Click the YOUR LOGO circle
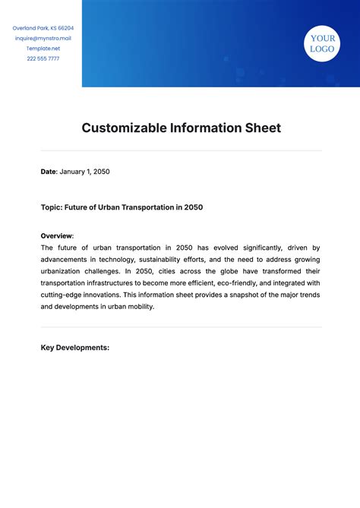coord(322,43)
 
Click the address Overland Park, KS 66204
coord(43,28)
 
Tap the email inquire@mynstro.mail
coord(43,38)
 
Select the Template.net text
coord(43,48)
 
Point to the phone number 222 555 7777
coord(43,58)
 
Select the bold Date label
coord(49,172)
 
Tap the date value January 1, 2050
coord(85,172)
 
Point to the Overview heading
coord(56,235)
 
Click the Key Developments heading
coord(75,348)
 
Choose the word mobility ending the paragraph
coord(140,306)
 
